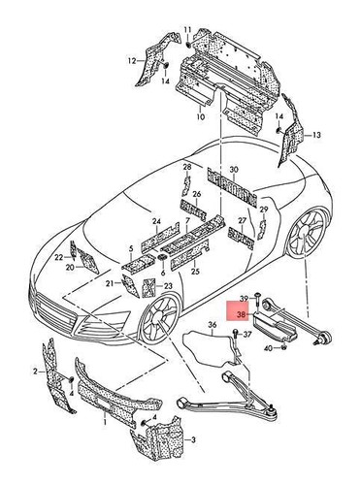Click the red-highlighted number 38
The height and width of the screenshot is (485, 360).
(x=241, y=313)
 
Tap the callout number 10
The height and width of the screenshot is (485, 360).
(x=201, y=119)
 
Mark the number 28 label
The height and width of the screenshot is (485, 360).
(x=186, y=169)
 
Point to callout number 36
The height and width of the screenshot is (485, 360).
(x=212, y=324)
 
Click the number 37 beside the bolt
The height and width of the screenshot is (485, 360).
(x=247, y=335)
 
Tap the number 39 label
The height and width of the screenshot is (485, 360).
(x=244, y=297)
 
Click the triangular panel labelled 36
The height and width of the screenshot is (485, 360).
(x=204, y=344)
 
